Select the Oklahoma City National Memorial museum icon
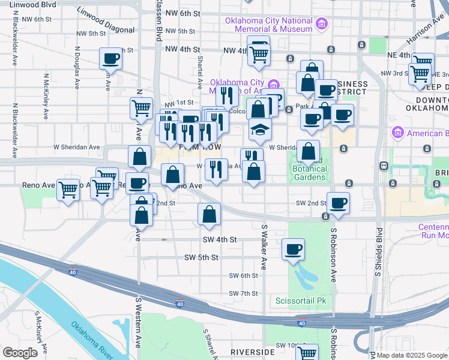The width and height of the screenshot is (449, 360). pyautogui.click(x=322, y=24)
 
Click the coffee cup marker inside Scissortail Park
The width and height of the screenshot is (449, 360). pyautogui.click(x=293, y=249)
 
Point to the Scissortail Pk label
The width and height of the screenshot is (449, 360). pyautogui.click(x=300, y=300)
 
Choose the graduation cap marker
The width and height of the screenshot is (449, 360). pyautogui.click(x=259, y=130)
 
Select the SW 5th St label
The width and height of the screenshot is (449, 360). pyautogui.click(x=201, y=257)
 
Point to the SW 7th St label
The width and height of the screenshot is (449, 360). pyautogui.click(x=243, y=293)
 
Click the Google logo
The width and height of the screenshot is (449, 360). pyautogui.click(x=20, y=353)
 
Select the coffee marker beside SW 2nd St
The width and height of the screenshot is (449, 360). pyautogui.click(x=338, y=203)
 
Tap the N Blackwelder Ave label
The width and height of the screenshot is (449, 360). pyautogui.click(x=13, y=130)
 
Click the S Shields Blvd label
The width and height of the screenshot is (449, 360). pyautogui.click(x=378, y=252)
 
